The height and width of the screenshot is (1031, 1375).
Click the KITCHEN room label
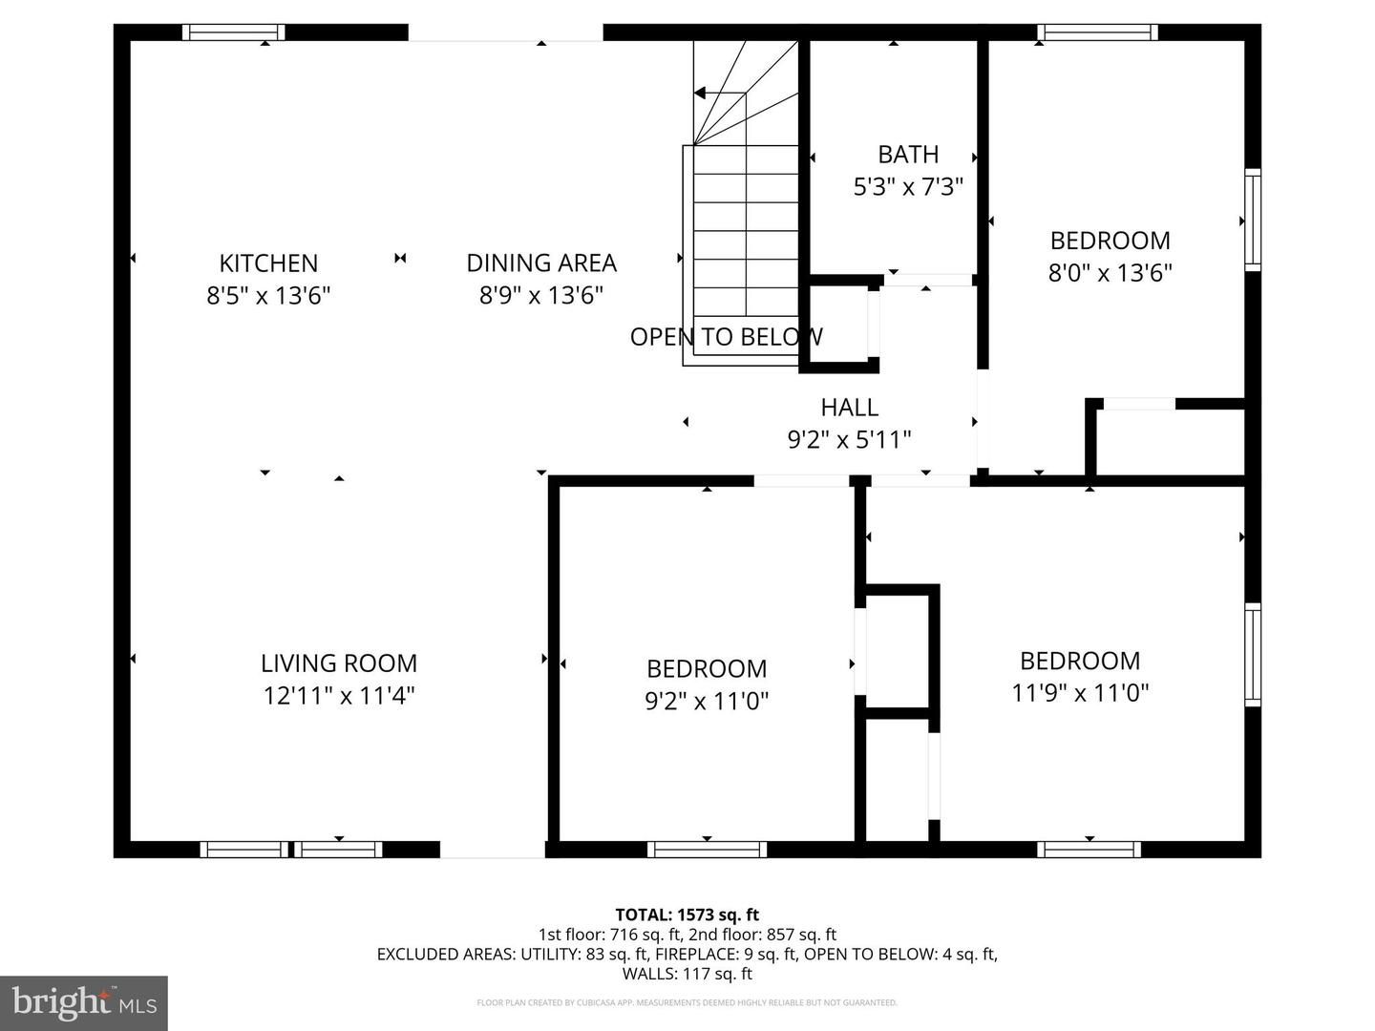click(268, 263)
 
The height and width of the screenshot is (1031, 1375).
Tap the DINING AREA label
click(541, 263)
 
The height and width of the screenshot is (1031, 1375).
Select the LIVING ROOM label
click(339, 663)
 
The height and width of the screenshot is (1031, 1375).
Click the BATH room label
click(908, 155)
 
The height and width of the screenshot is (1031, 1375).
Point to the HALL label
click(849, 408)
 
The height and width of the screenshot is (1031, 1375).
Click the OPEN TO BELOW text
click(726, 337)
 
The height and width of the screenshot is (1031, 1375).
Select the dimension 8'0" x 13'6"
click(1110, 273)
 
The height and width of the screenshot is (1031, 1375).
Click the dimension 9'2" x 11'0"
click(707, 702)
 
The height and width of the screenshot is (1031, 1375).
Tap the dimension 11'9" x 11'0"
click(1080, 693)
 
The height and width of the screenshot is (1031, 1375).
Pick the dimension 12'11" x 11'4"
click(339, 696)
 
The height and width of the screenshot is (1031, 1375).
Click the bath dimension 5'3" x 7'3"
click(908, 186)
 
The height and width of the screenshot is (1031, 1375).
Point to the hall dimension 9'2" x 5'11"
click(849, 440)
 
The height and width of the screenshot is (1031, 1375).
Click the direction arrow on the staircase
click(702, 94)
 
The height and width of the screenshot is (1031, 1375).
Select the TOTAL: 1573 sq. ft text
click(687, 915)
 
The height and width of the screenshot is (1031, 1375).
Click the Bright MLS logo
click(84, 1002)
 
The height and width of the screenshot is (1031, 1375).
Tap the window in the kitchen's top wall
click(234, 32)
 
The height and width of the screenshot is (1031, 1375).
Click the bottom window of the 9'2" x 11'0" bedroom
click(707, 850)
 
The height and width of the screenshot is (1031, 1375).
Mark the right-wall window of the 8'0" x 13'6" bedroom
click(1253, 220)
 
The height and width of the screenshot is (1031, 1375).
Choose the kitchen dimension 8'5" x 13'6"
click(268, 296)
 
